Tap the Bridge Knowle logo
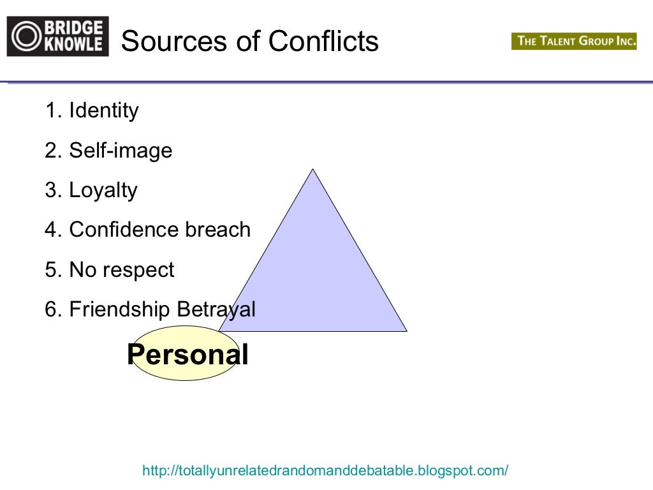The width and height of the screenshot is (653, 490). tap(57, 37)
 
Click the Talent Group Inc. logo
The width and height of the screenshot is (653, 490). tap(574, 41)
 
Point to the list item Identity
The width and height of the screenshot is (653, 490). tap(103, 111)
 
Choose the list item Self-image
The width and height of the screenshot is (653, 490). tap(121, 151)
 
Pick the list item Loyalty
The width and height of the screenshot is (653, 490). tap(103, 191)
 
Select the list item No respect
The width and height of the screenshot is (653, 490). tap(121, 270)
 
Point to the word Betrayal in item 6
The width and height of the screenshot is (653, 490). tap(216, 310)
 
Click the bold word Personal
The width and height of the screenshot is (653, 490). tap(187, 355)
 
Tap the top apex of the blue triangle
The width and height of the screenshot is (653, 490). tap(312, 170)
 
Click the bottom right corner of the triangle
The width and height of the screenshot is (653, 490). tap(405, 330)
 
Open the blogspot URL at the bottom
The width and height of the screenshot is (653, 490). tap(325, 471)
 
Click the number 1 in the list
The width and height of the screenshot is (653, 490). tap(50, 111)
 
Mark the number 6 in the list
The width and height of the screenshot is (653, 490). tap(51, 310)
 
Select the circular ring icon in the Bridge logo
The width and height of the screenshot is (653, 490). tap(26, 37)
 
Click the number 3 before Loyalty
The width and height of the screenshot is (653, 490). tap(51, 191)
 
